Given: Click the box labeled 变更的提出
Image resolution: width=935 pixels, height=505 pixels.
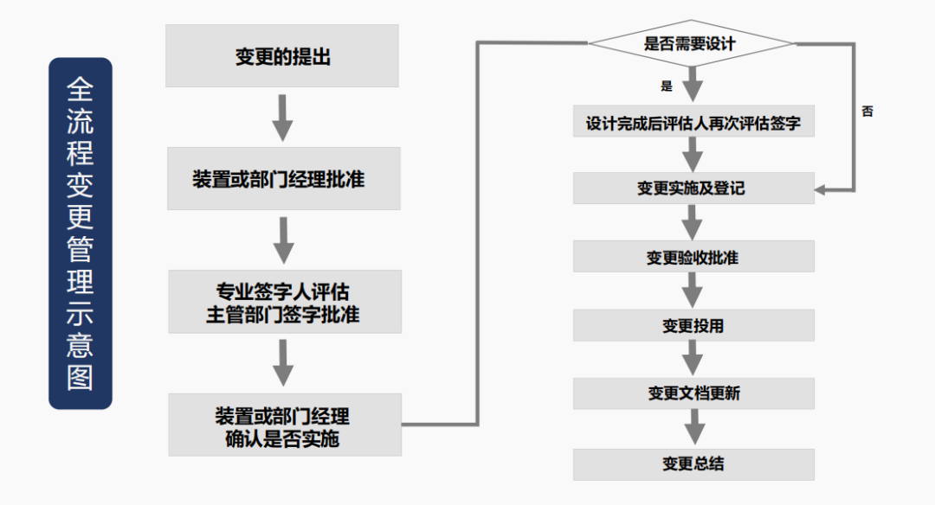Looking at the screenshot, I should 282,56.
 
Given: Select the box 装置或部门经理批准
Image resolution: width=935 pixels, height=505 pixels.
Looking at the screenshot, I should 283,179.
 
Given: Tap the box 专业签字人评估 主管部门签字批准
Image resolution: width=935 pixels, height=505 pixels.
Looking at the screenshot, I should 283,302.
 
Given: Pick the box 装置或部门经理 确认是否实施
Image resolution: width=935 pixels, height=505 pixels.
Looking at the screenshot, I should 284,425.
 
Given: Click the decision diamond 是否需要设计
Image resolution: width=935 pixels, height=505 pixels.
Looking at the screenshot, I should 690,43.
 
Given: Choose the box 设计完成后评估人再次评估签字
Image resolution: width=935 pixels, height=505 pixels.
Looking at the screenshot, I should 693,123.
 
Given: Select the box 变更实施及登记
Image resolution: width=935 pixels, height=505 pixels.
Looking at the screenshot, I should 693,188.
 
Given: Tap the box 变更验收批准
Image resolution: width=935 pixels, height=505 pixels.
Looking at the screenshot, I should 693,257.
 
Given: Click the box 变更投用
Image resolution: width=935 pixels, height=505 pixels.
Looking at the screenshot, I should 693,325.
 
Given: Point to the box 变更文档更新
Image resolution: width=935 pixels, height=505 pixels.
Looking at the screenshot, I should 693,393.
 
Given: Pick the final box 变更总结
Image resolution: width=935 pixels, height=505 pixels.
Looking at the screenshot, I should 693,463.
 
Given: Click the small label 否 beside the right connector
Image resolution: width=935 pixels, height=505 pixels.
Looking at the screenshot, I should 867,112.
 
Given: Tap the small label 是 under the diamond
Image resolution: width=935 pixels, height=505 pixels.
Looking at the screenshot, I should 666,86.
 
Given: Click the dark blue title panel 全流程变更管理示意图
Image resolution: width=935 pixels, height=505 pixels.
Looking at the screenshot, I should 81,233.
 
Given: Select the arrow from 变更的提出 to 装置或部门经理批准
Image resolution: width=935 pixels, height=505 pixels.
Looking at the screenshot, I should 282,118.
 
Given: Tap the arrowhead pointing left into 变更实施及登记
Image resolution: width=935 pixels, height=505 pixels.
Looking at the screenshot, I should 822,189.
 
